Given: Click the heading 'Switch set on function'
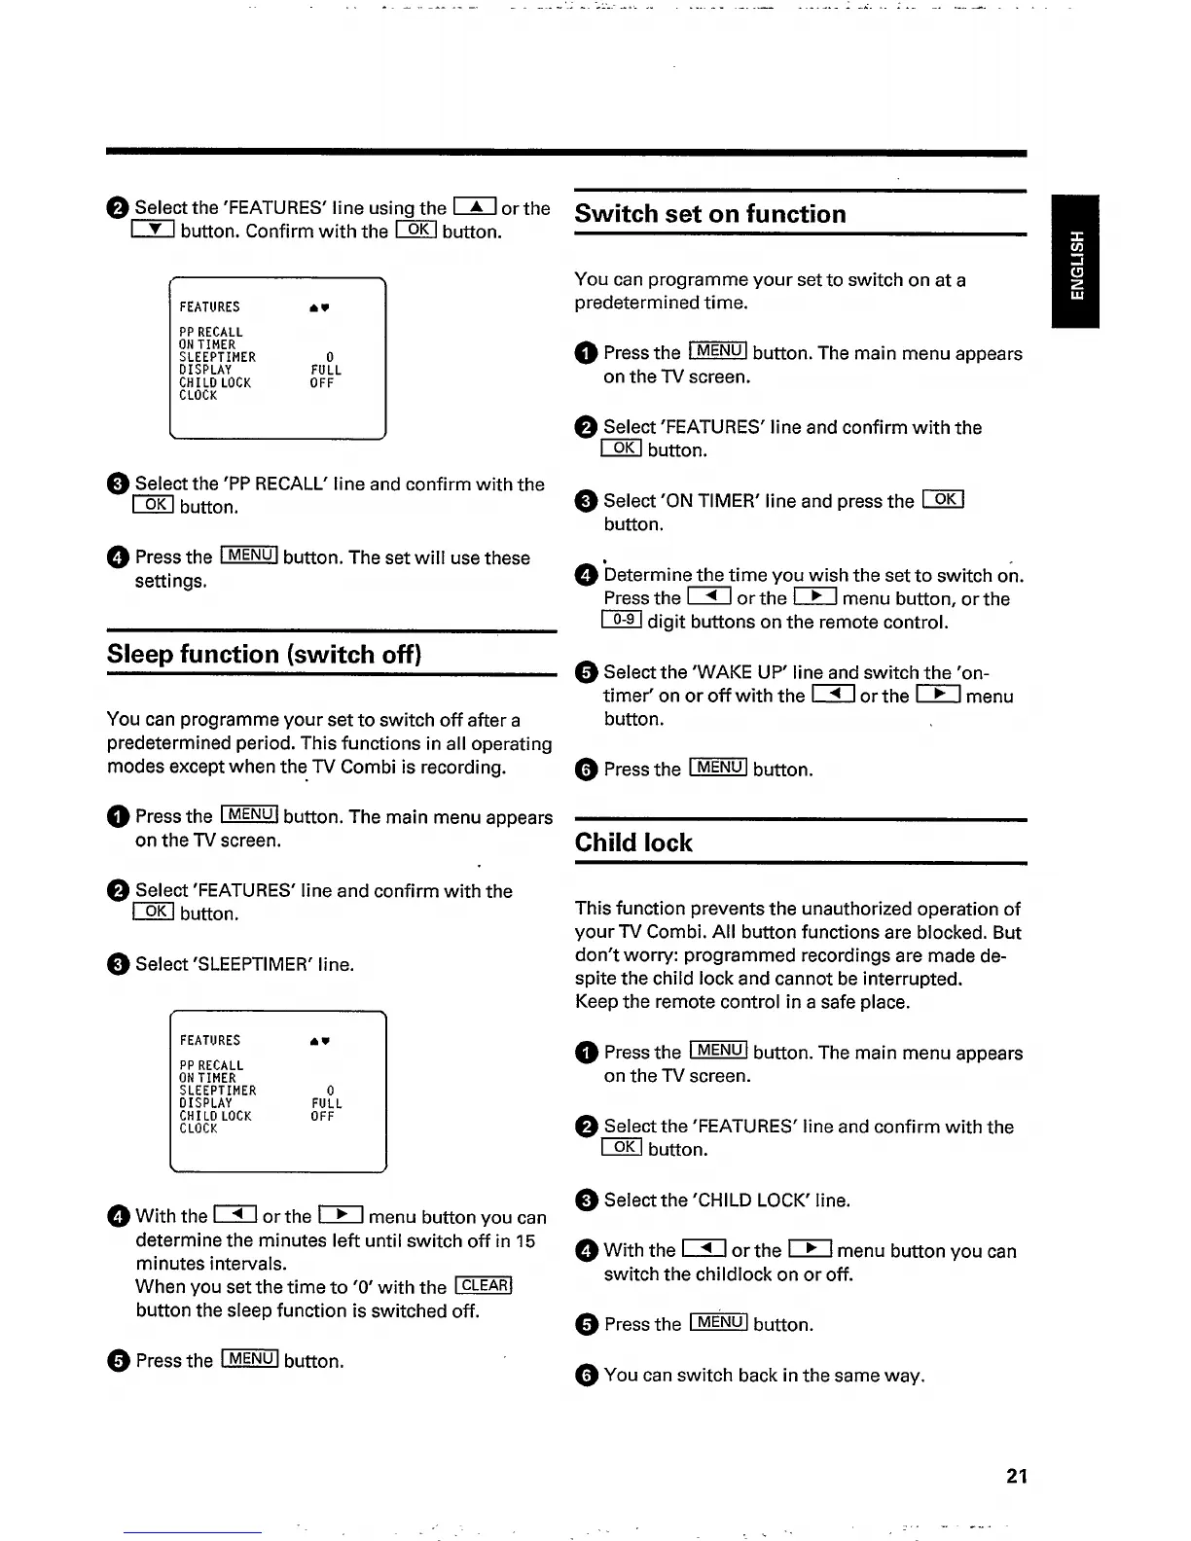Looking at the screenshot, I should coord(710,214).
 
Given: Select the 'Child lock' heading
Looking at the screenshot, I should coord(633,842).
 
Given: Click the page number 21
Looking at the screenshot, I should coord(1017,1476).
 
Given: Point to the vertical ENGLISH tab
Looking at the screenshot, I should coord(1075,263).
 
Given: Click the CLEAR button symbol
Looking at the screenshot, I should coord(484,1286).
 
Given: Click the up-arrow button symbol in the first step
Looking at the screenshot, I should coord(475,206).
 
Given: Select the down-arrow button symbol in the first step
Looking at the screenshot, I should coord(153,231).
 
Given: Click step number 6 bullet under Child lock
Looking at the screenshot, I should coord(586,1376).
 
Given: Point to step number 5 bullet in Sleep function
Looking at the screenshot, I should coord(118,1361).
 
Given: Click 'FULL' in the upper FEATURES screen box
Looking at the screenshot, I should coord(326,371).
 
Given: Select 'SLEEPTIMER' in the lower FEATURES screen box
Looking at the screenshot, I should coord(218,1091).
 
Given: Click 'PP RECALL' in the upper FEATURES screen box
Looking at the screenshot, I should coord(211,332).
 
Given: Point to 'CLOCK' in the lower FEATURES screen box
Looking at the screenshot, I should coord(198,1129).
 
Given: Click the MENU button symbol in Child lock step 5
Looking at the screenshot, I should coord(718,1322).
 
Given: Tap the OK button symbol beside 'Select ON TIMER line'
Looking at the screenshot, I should coord(942,500).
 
